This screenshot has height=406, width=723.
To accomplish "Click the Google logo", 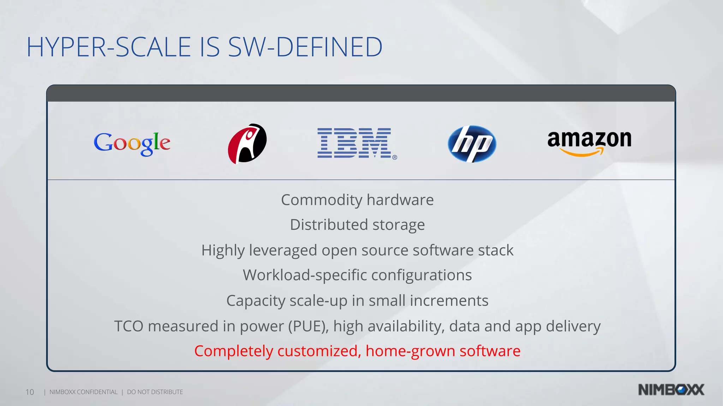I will (x=132, y=143).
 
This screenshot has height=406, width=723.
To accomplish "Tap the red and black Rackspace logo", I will (x=247, y=143).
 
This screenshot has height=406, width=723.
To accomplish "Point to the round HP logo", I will (x=472, y=144).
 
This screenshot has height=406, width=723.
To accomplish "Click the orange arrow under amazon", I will (x=582, y=153).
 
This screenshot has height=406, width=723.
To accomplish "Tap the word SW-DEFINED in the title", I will (x=305, y=47).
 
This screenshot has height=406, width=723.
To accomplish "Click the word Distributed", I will (x=329, y=225).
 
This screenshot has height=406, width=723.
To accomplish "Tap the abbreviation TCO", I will (x=129, y=326).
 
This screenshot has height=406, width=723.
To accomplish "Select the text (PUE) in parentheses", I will (x=308, y=326).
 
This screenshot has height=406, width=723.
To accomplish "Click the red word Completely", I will (x=233, y=351).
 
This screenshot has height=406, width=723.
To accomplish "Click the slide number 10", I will (x=30, y=392).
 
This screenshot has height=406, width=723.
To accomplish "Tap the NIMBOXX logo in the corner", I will (x=671, y=390).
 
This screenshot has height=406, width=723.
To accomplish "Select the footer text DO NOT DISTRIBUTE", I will (x=155, y=392).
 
